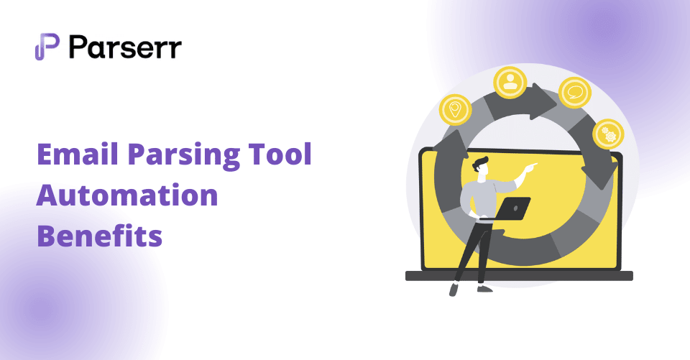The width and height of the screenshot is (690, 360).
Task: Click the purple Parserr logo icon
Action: click(47, 46)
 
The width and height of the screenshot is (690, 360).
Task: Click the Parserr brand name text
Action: click(125, 47)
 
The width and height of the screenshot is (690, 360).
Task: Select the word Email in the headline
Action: click(78, 154)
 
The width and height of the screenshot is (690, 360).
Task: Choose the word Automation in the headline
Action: click(127, 195)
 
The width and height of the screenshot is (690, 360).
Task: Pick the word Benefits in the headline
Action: click(99, 236)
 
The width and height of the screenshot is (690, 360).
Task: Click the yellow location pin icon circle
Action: click(456, 110)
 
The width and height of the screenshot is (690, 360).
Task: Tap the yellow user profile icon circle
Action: click(510, 83)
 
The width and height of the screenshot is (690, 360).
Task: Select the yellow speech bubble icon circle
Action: click(575, 93)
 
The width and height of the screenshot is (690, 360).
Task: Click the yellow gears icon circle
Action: click(608, 135)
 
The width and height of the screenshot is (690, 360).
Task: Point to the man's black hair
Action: click(480, 162)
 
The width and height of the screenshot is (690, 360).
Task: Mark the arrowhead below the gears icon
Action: click(599, 172)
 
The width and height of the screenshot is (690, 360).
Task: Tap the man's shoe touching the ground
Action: click(484, 289)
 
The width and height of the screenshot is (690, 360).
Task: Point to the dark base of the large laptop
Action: click(519, 276)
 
